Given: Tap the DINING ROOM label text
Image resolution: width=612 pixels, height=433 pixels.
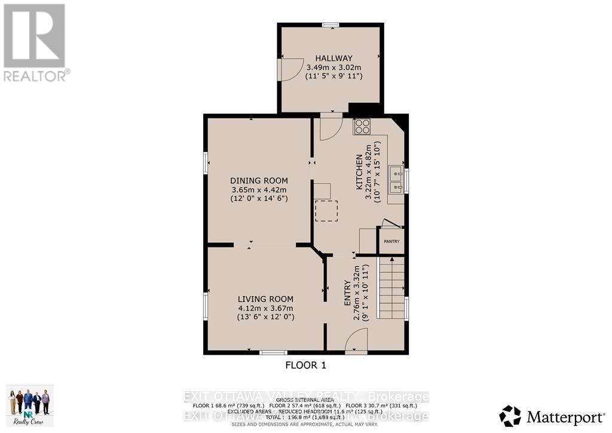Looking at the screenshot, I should coord(259,181).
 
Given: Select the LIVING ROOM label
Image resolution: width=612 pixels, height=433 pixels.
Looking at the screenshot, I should coord(265,299).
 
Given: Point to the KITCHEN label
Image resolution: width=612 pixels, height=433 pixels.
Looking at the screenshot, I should coord(359,172).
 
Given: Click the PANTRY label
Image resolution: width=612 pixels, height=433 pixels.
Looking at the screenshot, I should coord(391,241).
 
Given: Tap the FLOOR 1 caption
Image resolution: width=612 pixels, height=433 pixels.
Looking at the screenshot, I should coord(305,364).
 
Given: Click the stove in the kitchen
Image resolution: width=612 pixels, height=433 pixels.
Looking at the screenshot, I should coord(362,126).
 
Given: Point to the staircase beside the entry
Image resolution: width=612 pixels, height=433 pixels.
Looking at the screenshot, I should coord(392,287).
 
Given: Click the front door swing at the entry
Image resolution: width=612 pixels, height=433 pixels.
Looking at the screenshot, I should coord(356,342).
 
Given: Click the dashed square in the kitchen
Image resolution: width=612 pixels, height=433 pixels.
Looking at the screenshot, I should coord(326,211).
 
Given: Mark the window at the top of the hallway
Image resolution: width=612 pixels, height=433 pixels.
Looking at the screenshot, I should coord(331,25).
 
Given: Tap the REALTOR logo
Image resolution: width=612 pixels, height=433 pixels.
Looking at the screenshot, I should coord(35,42).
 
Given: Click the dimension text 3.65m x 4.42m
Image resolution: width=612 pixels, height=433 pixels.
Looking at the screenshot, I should coord(259,190).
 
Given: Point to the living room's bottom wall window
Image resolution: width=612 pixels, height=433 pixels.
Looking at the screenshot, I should coord(273,353).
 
